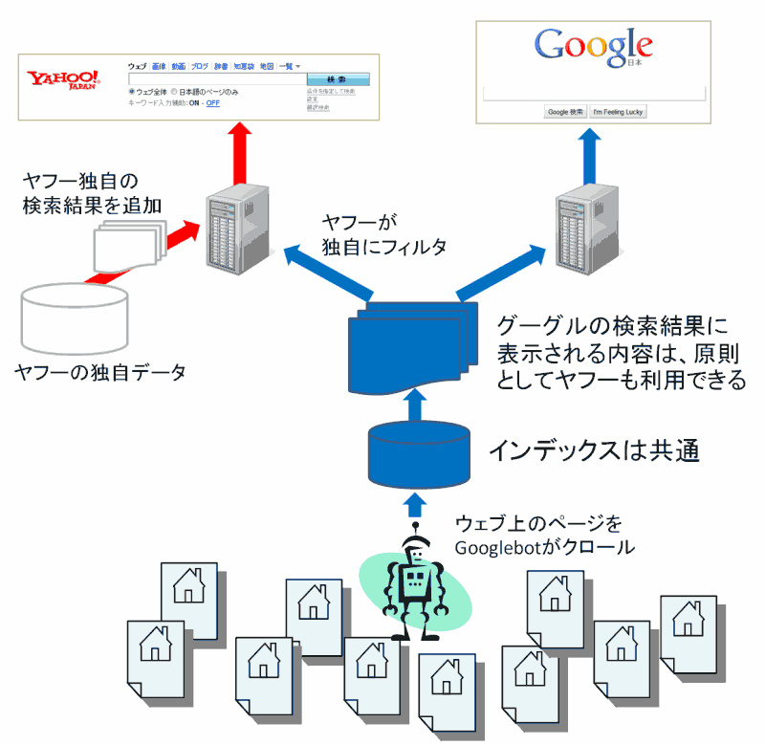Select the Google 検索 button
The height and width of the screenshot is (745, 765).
coord(565,112)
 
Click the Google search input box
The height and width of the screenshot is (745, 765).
coord(594,94)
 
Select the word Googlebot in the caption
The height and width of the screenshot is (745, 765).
coord(496,548)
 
